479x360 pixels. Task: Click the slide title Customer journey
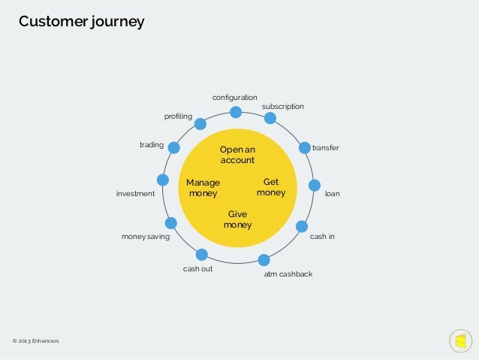pyautogui.click(x=81, y=21)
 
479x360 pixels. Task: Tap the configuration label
pyautogui.click(x=234, y=98)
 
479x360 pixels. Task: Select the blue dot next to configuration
pyautogui.click(x=236, y=113)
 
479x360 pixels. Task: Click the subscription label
pyautogui.click(x=282, y=107)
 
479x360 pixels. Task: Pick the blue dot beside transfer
pyautogui.click(x=305, y=148)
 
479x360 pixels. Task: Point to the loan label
pyautogui.click(x=332, y=194)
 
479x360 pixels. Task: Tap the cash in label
pyautogui.click(x=322, y=237)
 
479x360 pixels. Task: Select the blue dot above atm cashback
pyautogui.click(x=264, y=261)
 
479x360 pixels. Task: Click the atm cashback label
pyautogui.click(x=288, y=274)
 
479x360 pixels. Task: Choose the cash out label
pyautogui.click(x=197, y=268)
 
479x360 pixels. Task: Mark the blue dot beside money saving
pyautogui.click(x=170, y=223)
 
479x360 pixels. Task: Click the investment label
pyautogui.click(x=135, y=194)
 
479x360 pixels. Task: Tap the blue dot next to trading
pyautogui.click(x=173, y=148)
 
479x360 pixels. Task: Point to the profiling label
pyautogui.click(x=178, y=116)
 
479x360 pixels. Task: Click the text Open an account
pyautogui.click(x=237, y=155)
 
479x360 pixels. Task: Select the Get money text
pyautogui.click(x=271, y=187)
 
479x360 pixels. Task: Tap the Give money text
pyautogui.click(x=237, y=219)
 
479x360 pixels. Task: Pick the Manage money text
pyautogui.click(x=203, y=188)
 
